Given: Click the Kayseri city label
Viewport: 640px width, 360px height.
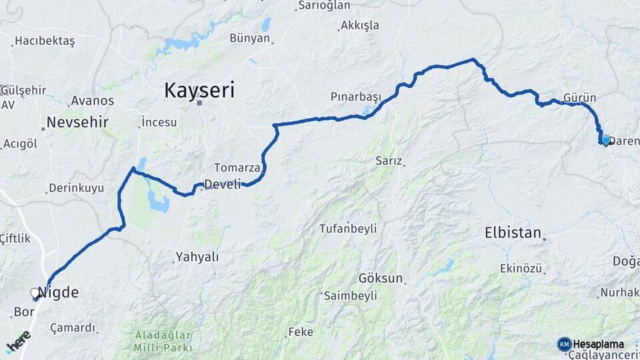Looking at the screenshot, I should click(200, 89).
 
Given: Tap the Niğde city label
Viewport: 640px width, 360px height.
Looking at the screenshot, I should click(59, 292).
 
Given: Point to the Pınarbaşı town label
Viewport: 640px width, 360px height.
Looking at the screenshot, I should click(356, 97).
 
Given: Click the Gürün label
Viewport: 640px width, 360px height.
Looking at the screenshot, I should click(579, 97).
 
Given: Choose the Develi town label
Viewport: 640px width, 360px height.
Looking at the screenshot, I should click(223, 185).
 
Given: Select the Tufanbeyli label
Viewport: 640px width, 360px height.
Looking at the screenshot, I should click(348, 229).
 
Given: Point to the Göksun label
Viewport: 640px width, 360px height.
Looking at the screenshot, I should click(381, 278).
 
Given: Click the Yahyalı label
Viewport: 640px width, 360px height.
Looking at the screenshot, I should click(197, 257).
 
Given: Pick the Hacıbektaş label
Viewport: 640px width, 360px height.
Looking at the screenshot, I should click(45, 41).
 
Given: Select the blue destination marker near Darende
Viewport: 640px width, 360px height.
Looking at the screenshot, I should click(605, 140).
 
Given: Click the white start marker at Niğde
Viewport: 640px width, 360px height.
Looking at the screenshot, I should click(35, 293).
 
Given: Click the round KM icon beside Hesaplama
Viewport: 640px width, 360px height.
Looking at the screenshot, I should click(564, 344).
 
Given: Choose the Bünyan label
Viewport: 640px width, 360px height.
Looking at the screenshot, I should click(250, 38).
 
